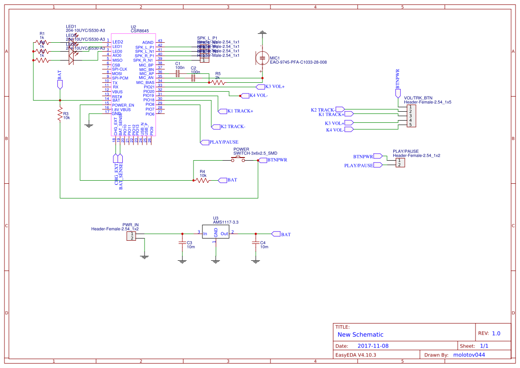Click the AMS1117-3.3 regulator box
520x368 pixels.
click(216, 233)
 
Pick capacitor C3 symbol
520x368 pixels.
click(181, 243)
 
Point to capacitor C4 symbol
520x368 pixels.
click(255, 243)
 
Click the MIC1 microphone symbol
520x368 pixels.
click(262, 58)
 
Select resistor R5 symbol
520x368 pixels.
click(218, 82)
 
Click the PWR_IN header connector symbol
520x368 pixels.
click(131, 236)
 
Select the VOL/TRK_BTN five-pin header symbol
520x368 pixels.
click(412, 116)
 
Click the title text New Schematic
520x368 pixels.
click(360, 335)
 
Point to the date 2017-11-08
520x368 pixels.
click(373, 346)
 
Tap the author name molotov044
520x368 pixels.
click(468, 355)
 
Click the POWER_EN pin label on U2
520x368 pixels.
click(123, 105)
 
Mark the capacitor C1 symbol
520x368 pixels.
click(177, 73)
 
